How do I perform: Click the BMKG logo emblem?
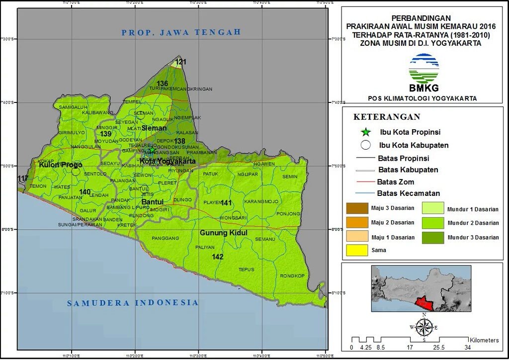[424, 69]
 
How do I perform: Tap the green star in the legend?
[366, 132]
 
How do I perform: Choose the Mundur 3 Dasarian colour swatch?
[433, 238]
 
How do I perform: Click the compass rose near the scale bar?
[424, 327]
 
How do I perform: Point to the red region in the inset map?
[424, 302]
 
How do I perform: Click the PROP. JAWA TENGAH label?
[181, 32]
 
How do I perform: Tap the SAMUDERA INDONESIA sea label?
[133, 303]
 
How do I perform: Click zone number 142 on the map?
[217, 257]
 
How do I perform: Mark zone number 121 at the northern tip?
[180, 62]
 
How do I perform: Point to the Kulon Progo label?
[61, 165]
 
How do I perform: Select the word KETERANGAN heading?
[387, 117]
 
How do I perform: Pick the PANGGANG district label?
[166, 238]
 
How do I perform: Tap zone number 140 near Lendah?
[85, 192]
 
